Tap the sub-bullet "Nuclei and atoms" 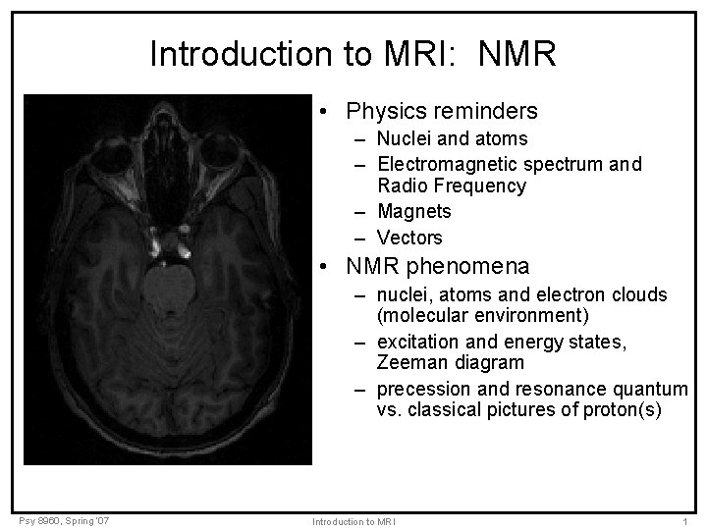point(452,138)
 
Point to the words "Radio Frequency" point(452,185)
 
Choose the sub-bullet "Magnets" point(413,211)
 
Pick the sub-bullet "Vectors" point(409,238)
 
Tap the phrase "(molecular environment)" point(482,315)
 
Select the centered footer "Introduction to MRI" point(353,520)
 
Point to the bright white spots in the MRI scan point(157,238)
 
